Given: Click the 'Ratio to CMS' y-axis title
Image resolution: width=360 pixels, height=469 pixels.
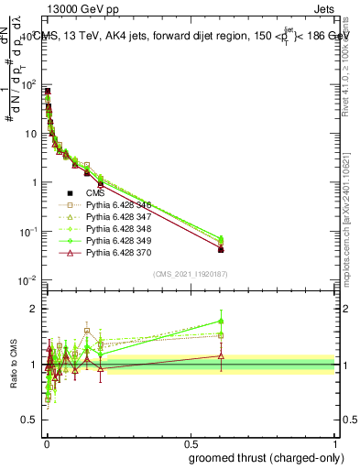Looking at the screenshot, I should pyautogui.click(x=13, y=363).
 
